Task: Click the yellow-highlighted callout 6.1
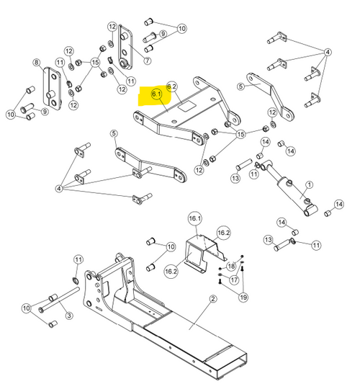(156, 94)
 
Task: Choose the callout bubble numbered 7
(148, 49)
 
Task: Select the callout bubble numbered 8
(37, 63)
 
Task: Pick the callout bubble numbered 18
(231, 266)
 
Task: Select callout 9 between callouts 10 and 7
(163, 33)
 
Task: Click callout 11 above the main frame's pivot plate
(78, 259)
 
